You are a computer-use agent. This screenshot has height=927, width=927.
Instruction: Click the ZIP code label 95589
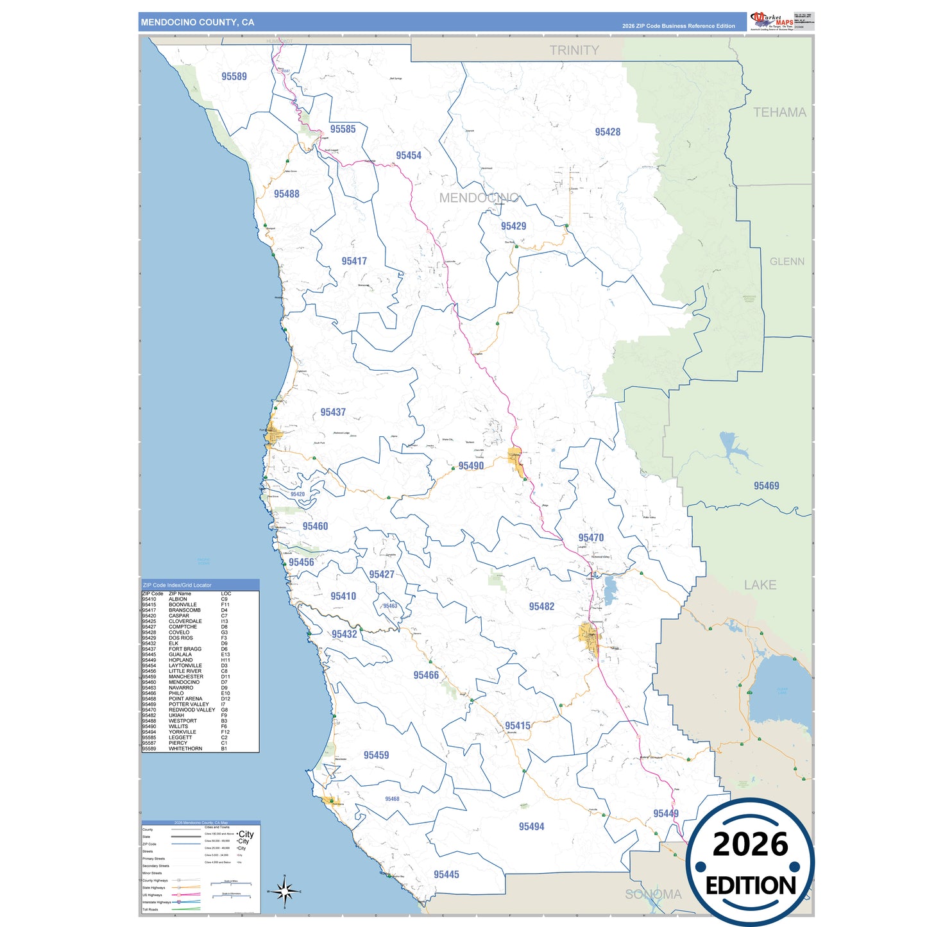click(234, 76)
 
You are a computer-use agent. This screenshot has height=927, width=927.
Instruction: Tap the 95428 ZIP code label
click(608, 132)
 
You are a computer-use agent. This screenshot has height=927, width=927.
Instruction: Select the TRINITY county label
click(574, 50)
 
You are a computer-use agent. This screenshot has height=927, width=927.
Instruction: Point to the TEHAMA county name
click(779, 112)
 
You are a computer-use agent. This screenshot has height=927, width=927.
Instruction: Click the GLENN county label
click(787, 262)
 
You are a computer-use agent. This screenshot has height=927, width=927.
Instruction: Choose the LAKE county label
click(760, 585)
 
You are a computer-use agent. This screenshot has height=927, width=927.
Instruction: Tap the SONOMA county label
click(653, 894)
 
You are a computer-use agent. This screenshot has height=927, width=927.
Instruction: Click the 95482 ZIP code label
click(541, 606)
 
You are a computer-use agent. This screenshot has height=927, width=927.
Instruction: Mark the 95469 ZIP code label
click(766, 486)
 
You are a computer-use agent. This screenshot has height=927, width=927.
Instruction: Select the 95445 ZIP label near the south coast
click(446, 874)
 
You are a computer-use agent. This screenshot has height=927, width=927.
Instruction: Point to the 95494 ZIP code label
click(531, 826)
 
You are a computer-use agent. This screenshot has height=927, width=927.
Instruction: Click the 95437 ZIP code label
click(333, 412)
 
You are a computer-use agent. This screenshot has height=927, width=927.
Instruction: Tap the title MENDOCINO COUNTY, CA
click(198, 22)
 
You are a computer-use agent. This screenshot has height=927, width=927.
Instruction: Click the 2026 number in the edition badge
click(750, 844)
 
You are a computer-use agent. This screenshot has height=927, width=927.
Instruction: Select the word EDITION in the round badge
click(751, 886)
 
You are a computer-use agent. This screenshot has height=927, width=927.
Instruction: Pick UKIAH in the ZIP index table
click(176, 715)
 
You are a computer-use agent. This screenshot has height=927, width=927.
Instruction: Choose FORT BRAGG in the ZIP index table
click(185, 649)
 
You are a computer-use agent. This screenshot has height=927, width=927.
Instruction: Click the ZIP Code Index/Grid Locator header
click(177, 585)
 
